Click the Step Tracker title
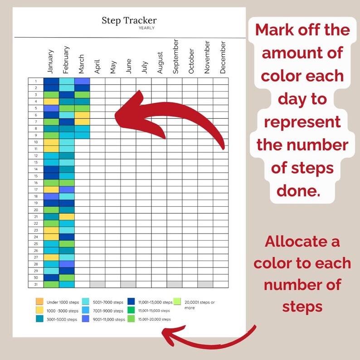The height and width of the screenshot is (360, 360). click(x=129, y=20)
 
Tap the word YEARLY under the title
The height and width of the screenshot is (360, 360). click(x=147, y=28)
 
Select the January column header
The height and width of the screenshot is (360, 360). click(x=50, y=61)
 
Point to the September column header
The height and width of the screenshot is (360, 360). click(x=175, y=56)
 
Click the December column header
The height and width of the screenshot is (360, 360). click(x=223, y=57)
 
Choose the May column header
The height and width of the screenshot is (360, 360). click(x=113, y=67)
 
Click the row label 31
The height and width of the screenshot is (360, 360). click(x=35, y=284)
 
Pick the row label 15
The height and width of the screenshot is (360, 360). click(x=35, y=176)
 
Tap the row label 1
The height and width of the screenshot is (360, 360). click(x=35, y=81)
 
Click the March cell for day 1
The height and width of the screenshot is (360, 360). click(x=82, y=81)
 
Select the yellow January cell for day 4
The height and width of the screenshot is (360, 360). click(x=51, y=102)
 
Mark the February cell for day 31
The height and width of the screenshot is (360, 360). click(x=67, y=284)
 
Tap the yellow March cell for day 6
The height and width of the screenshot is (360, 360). click(x=82, y=115)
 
